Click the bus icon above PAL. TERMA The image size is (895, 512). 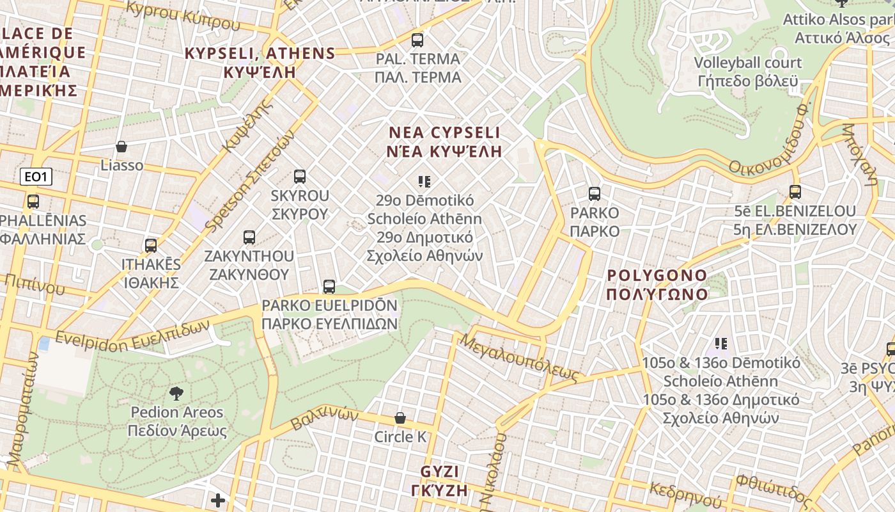coord(417,40)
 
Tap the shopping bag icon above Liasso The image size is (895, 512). coord(121,147)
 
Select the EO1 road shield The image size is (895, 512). coord(36,177)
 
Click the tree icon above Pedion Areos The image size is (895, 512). coord(176,393)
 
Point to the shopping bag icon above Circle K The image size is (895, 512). coord(400,418)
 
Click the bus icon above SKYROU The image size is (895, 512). coord(300,177)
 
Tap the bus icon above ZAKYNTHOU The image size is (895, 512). coord(249,237)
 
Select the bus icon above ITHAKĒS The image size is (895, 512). coord(151,245)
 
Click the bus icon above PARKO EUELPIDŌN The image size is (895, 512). coord(329,286)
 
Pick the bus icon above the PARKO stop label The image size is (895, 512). coord(595,193)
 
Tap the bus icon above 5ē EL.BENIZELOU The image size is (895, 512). coord(795,191)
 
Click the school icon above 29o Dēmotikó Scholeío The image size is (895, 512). coord(424,182)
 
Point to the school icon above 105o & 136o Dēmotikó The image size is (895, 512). coord(721,344)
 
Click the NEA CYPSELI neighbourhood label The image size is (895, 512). coord(445,142)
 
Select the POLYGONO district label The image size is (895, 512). coord(657,285)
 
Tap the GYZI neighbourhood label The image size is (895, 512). coord(440,481)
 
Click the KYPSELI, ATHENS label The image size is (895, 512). coord(260,62)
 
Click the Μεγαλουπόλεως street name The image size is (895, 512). coord(518,358)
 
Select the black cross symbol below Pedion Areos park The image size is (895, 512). coord(218,500)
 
